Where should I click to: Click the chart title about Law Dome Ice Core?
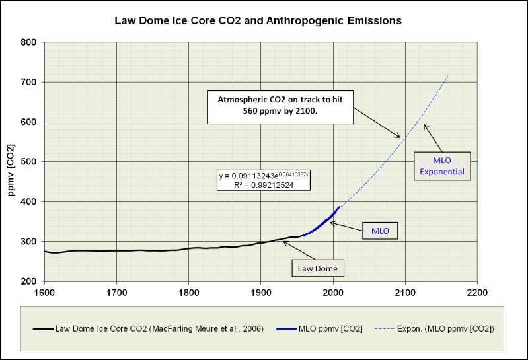(x=258, y=20)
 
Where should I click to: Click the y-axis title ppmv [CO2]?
(x=12, y=161)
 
